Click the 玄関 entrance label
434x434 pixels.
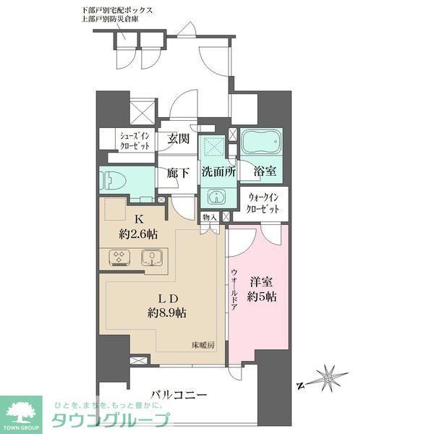(x=179, y=139)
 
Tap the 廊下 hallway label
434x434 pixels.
(x=178, y=173)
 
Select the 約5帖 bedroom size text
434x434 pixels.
(x=262, y=296)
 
